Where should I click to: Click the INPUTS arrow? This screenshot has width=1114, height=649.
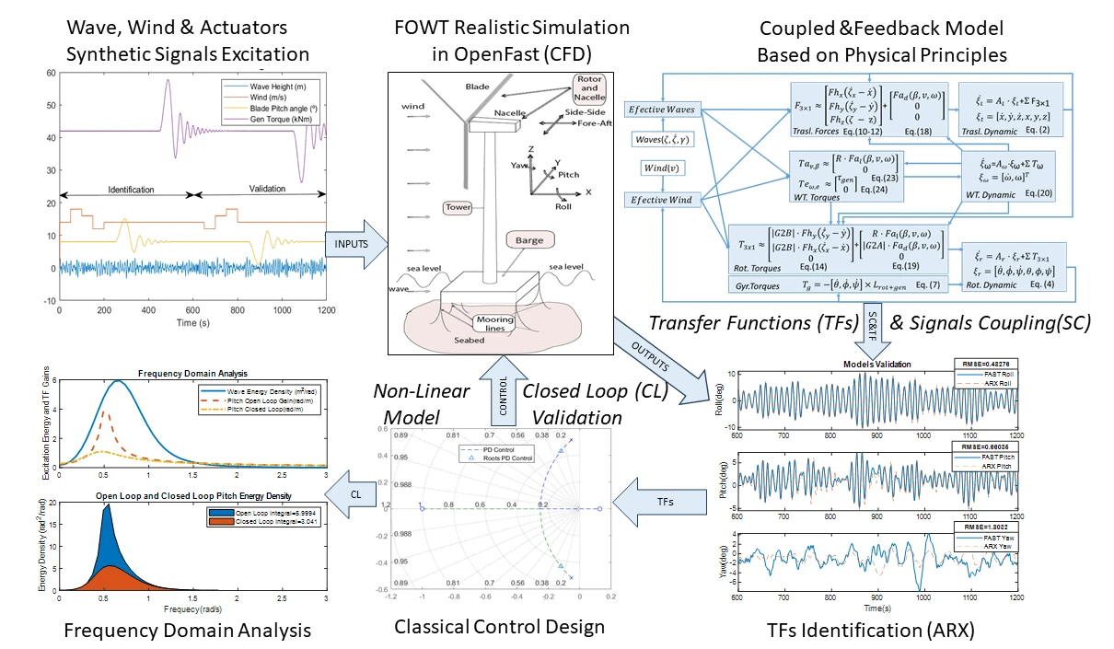pyautogui.click(x=350, y=243)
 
